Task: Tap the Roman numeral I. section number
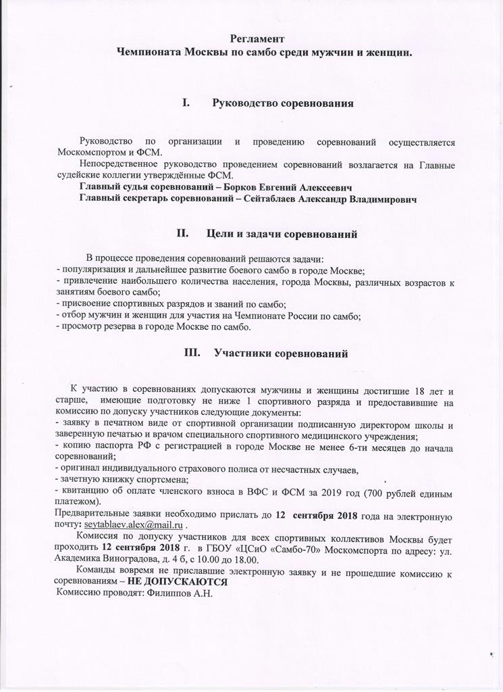coord(187,103)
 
